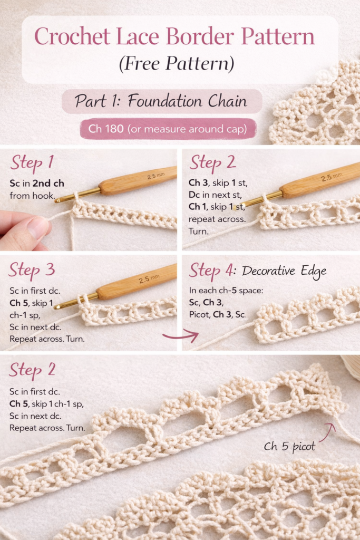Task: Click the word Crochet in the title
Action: pos(72,36)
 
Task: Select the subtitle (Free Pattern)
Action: pos(177,64)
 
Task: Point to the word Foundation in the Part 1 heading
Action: pos(165,101)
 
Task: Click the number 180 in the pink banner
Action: pos(114,129)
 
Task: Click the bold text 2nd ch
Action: pos(48,183)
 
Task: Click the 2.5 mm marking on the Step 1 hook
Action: pos(156,176)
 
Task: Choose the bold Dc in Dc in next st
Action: pos(194,195)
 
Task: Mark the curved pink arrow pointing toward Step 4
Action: pos(181,335)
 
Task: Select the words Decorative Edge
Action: pos(284,271)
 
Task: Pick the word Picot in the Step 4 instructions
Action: pos(199,314)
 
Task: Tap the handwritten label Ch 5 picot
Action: pos(289,447)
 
